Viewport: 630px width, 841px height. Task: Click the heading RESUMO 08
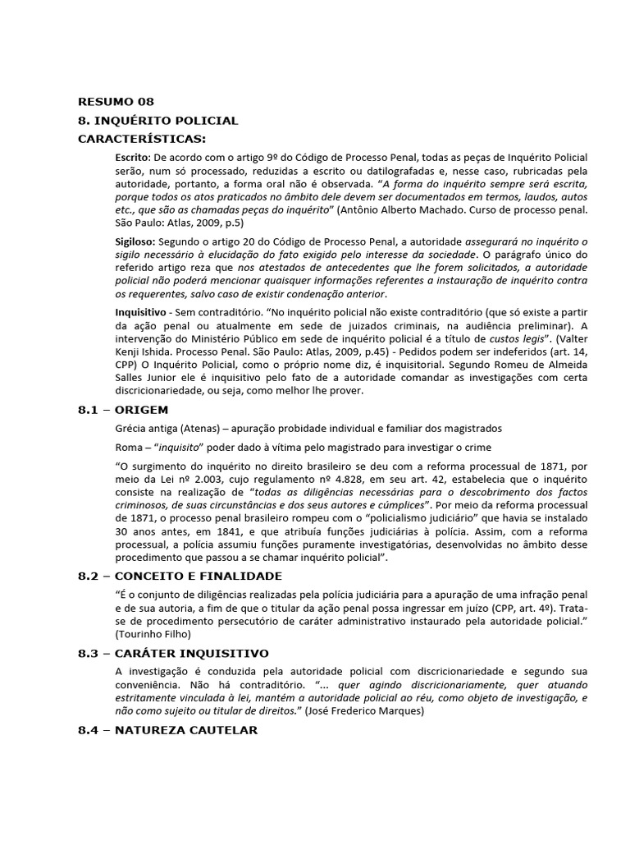tap(116, 102)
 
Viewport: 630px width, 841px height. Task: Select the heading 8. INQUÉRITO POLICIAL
tap(157, 121)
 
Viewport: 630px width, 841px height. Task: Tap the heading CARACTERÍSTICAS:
tap(142, 138)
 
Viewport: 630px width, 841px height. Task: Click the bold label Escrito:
tap(133, 156)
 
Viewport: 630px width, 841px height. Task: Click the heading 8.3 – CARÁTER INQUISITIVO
tap(173, 654)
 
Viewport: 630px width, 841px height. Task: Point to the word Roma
tap(130, 448)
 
